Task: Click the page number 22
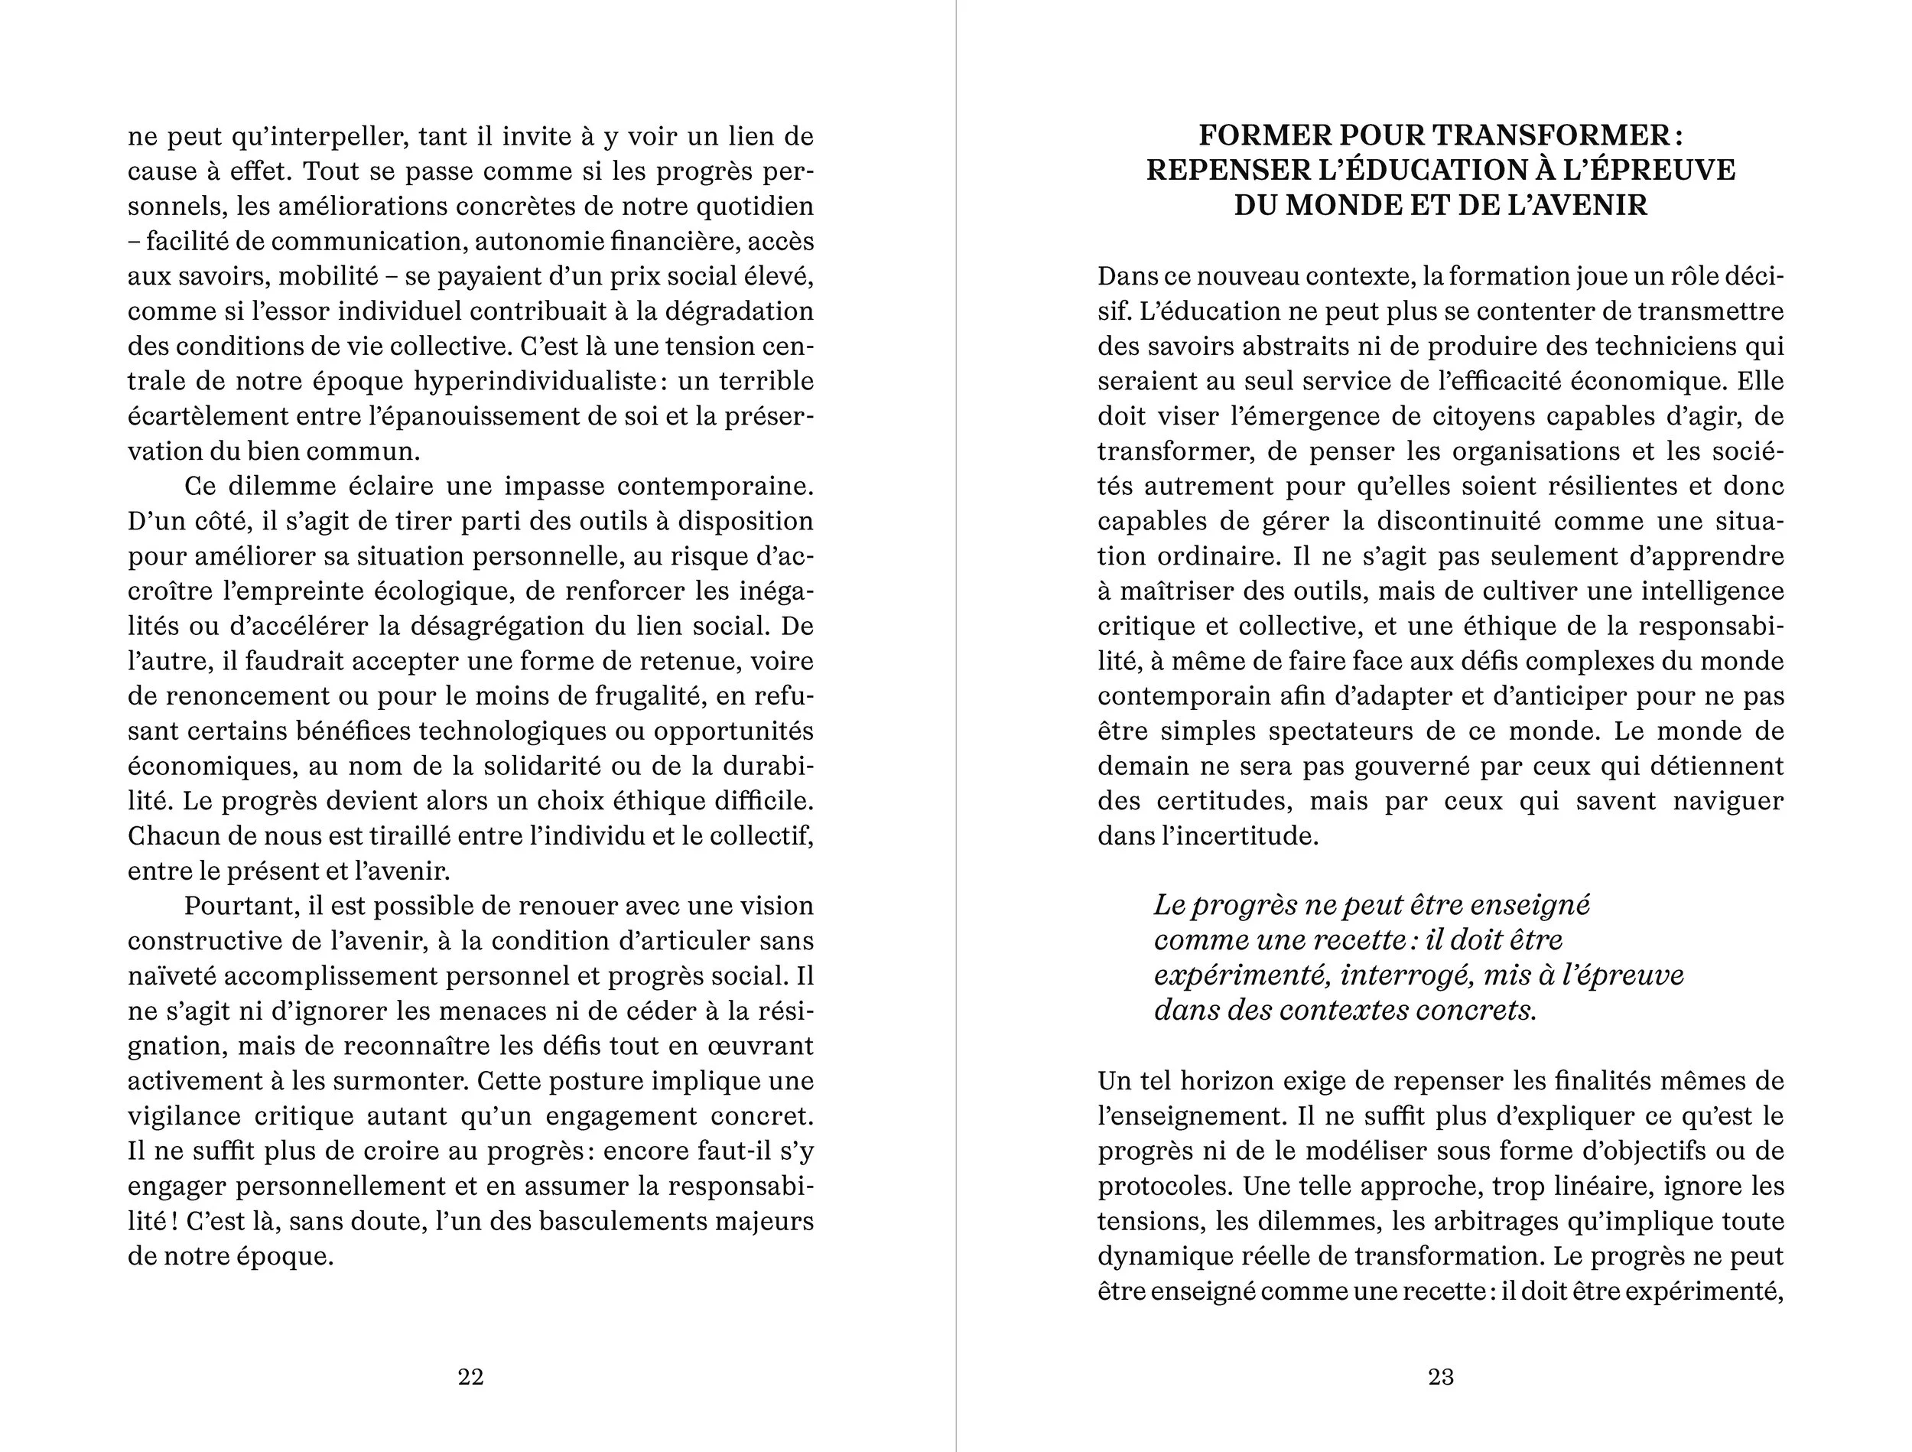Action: point(470,1377)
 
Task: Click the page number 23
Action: point(1440,1377)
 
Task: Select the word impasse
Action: point(553,486)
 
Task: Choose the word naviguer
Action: point(1728,801)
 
